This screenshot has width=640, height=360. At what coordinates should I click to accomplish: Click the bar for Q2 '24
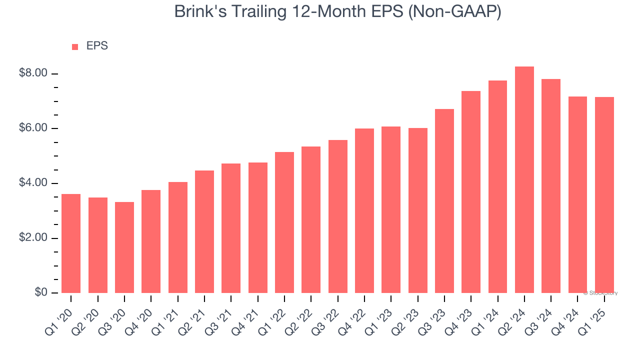[524, 180]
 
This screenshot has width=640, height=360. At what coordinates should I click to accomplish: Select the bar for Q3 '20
[124, 247]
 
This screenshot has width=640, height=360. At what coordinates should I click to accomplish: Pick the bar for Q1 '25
[604, 195]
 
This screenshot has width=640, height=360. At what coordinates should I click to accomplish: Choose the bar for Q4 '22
[364, 210]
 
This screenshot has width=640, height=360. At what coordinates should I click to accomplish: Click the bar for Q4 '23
[471, 192]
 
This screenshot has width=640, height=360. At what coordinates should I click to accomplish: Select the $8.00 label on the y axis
[33, 73]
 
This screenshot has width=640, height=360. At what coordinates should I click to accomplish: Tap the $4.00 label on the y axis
[33, 183]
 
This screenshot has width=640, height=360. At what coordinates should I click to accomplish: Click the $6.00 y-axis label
[33, 128]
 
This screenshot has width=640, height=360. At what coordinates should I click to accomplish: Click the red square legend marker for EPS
[75, 46]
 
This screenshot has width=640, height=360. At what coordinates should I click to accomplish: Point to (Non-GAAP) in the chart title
[454, 12]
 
